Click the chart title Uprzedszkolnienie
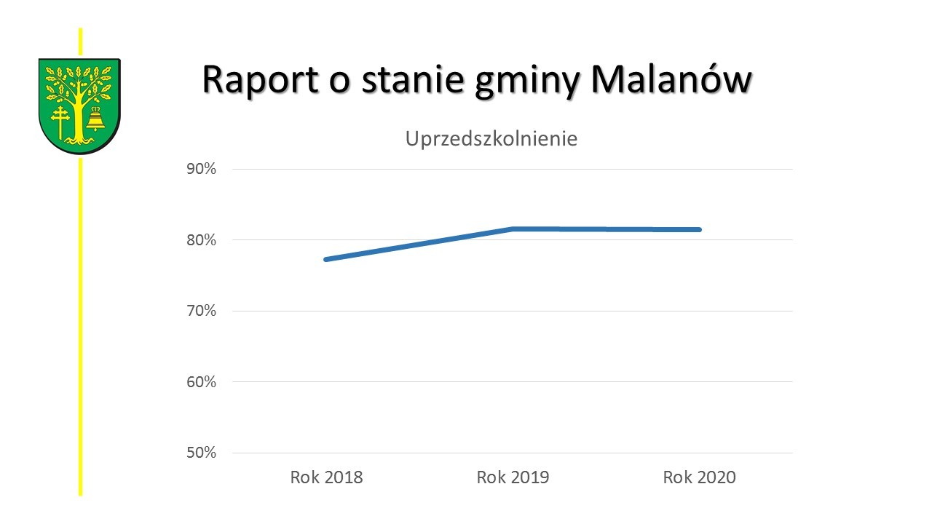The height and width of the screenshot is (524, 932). (491, 139)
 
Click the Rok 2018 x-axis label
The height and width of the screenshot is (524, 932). (326, 477)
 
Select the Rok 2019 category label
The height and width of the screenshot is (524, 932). (513, 477)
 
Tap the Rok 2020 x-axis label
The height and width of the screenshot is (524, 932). (699, 477)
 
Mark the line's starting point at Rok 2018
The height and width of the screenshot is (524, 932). (326, 259)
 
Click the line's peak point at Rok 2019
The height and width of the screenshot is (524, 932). (513, 229)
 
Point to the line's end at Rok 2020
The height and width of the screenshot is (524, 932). (699, 229)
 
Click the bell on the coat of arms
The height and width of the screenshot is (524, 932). (95, 120)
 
